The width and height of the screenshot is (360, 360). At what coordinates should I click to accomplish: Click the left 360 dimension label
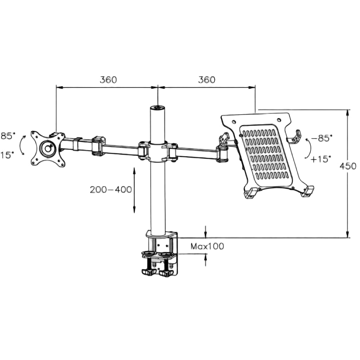(x=108, y=80)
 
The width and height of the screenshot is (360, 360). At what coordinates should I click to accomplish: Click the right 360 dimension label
(x=207, y=80)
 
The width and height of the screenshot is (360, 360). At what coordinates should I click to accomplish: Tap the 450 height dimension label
(x=348, y=166)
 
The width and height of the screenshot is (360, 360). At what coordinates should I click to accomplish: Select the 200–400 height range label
(x=111, y=189)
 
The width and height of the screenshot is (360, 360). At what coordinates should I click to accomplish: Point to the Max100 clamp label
(x=207, y=246)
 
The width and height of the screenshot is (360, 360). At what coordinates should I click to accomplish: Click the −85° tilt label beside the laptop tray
(x=321, y=138)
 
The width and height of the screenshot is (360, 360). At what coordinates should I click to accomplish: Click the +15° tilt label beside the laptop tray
(x=321, y=159)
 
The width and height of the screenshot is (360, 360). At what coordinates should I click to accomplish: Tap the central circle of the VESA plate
(x=48, y=149)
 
